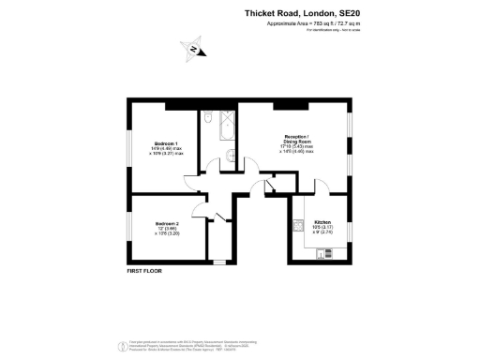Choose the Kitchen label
[323, 222]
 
